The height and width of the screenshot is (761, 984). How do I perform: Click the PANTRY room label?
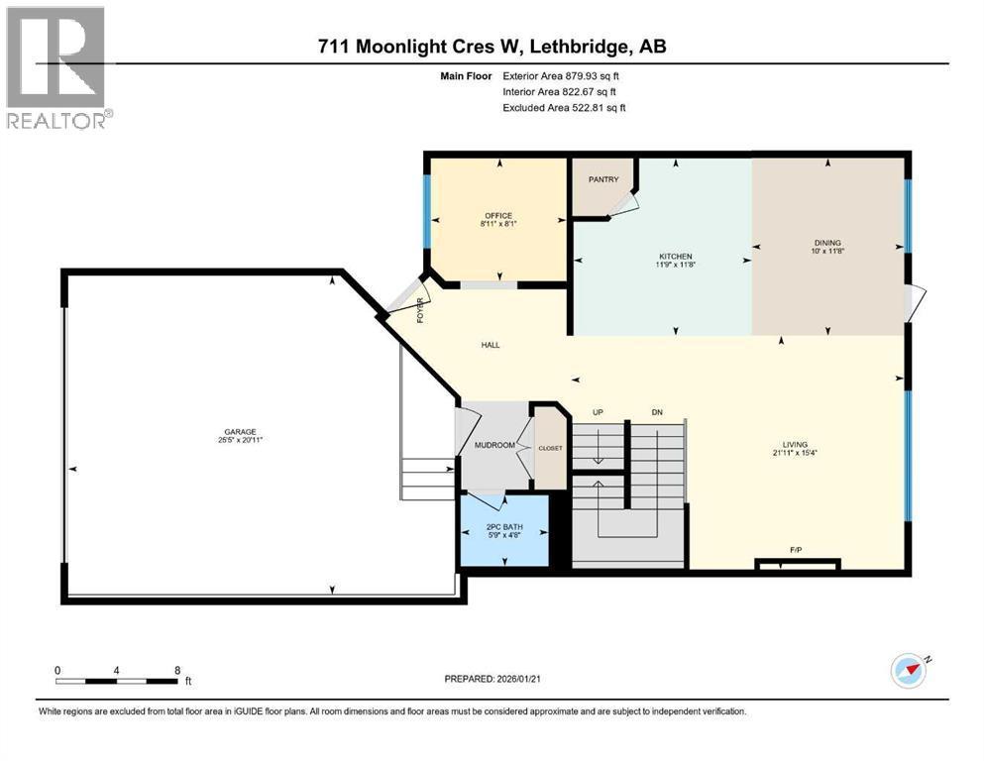pyautogui.click(x=603, y=179)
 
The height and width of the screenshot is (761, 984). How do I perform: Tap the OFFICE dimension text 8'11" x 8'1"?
pyautogui.click(x=498, y=224)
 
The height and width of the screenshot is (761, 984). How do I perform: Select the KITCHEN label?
pyautogui.click(x=676, y=256)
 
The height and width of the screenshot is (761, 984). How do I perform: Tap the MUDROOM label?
pyautogui.click(x=495, y=445)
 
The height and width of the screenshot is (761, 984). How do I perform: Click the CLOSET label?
pyautogui.click(x=550, y=448)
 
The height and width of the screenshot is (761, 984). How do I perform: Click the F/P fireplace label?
pyautogui.click(x=796, y=548)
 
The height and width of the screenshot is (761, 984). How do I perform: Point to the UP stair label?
pyautogui.click(x=598, y=412)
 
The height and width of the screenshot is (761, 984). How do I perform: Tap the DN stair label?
pyautogui.click(x=657, y=412)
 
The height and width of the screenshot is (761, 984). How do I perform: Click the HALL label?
pyautogui.click(x=491, y=345)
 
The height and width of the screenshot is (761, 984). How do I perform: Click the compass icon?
pyautogui.click(x=909, y=671)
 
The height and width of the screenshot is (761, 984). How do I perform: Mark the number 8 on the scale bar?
pyautogui.click(x=177, y=670)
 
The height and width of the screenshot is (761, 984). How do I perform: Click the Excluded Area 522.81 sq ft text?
pyautogui.click(x=564, y=107)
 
